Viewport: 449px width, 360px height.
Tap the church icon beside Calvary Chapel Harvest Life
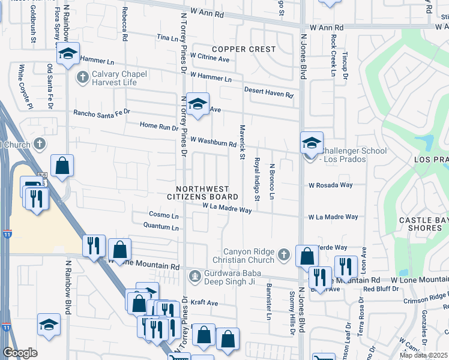83,77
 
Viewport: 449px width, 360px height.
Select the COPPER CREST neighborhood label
243,49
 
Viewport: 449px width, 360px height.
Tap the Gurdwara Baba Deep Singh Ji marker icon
194,277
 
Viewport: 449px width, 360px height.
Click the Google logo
20,353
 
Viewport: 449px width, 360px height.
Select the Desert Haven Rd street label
268,92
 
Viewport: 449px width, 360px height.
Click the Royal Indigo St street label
257,179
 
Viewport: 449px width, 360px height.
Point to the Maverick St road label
243,146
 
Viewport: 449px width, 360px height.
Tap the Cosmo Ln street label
164,215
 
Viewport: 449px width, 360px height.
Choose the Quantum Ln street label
161,227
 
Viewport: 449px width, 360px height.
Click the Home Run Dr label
159,127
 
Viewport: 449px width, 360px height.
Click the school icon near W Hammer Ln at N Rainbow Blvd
68,54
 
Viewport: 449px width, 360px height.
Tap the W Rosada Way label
330,185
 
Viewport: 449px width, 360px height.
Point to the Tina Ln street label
167,37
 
